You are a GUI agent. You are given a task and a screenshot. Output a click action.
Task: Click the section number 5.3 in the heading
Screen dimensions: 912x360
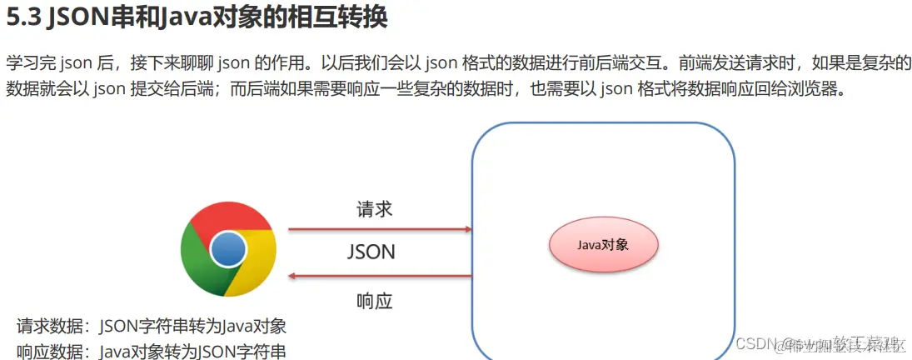[x=23, y=18]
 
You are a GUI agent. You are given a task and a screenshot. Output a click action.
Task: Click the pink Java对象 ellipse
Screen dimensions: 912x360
[x=604, y=245]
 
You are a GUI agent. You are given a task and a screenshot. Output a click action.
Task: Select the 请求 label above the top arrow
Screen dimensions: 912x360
[x=375, y=209]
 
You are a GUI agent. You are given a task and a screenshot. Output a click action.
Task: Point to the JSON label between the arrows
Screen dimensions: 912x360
[x=371, y=252]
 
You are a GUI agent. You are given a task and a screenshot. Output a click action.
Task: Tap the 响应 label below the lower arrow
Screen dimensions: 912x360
[x=374, y=301]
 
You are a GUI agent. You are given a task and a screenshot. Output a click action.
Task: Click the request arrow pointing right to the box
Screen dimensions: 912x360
[x=379, y=227]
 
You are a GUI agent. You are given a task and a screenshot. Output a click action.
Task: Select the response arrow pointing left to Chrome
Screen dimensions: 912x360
[x=379, y=277]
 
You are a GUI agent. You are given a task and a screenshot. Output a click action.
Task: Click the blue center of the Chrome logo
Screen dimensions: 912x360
[x=228, y=248]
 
